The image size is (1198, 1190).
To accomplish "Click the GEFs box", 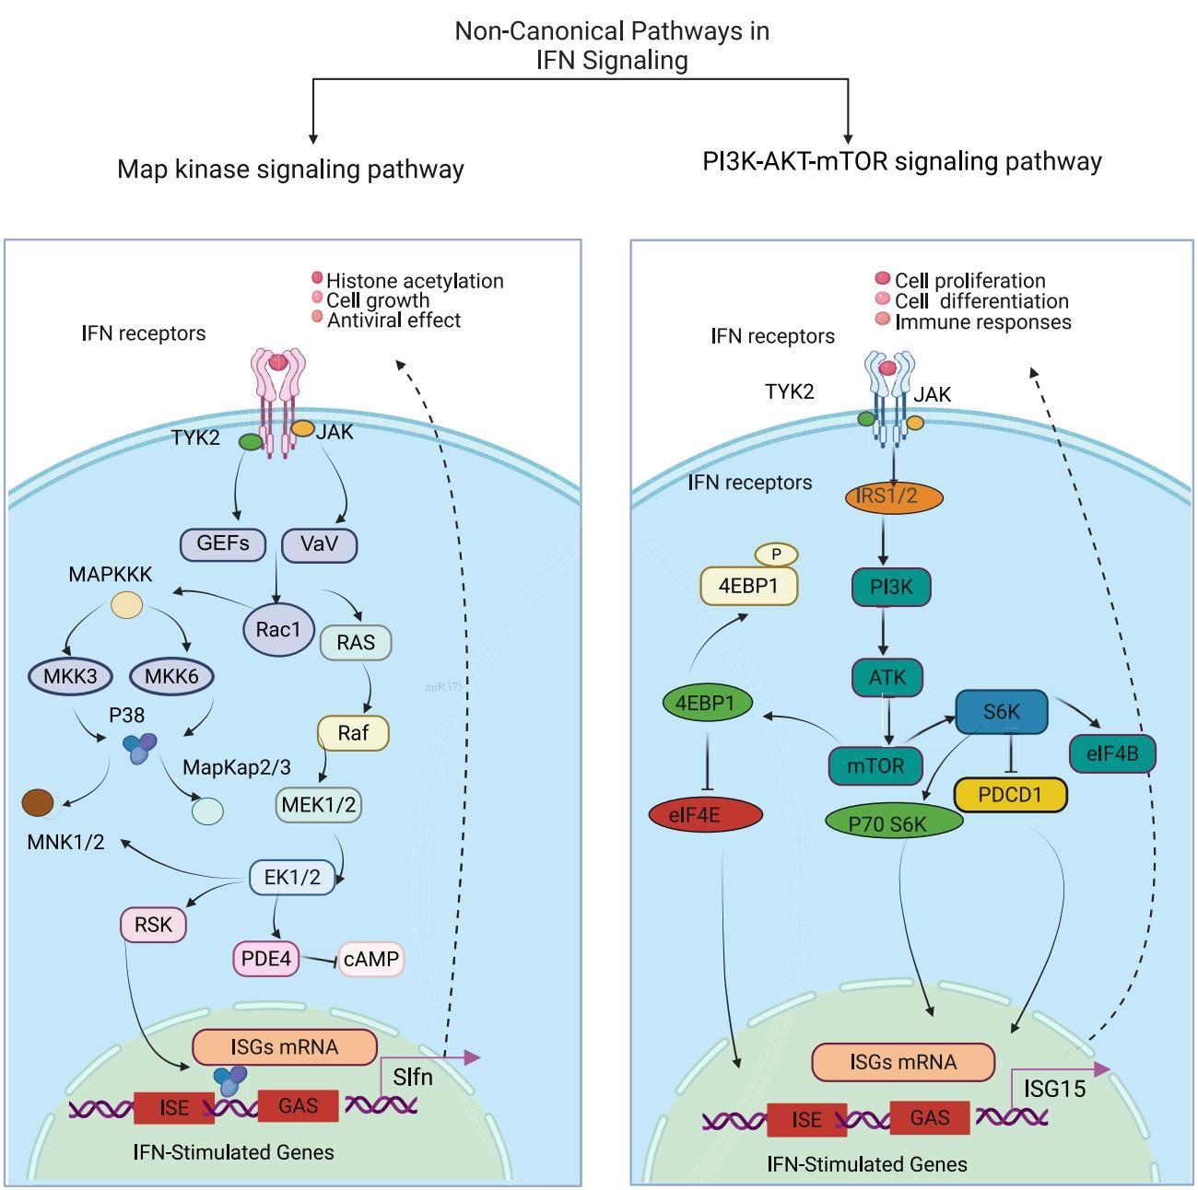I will (x=223, y=544).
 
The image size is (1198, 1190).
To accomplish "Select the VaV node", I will (x=319, y=544).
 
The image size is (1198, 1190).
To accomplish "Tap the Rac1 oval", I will (x=278, y=630).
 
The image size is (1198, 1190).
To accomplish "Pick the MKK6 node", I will (x=171, y=677).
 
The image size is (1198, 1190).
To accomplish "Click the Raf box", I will (x=353, y=733).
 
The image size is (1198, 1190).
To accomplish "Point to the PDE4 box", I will (x=265, y=959).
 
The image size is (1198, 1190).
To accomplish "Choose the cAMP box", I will (x=371, y=960).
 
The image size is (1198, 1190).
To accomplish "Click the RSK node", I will (x=153, y=924).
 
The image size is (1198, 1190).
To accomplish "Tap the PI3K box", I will (x=891, y=587).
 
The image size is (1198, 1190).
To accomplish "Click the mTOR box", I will (x=875, y=765).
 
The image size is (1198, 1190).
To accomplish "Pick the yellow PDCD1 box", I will (x=1010, y=795).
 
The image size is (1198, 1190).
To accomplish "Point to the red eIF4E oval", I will (x=706, y=814).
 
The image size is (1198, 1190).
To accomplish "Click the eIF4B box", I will (x=1112, y=754).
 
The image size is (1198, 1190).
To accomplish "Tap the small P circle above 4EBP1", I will (x=776, y=554).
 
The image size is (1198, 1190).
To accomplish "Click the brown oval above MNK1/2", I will (x=38, y=802).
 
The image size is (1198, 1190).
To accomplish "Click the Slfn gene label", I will (x=412, y=1077).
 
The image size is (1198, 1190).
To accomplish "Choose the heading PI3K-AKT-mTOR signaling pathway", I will (x=902, y=162).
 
